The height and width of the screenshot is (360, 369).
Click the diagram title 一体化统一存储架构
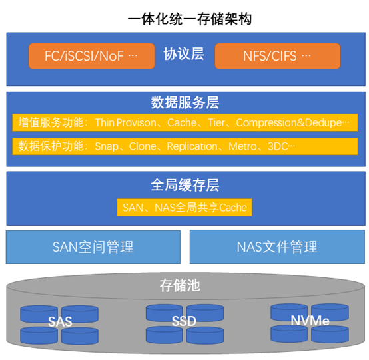point(190,19)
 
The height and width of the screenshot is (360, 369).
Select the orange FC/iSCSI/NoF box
point(91,56)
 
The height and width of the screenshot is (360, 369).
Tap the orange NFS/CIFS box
point(278,56)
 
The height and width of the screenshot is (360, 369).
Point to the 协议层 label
point(184,54)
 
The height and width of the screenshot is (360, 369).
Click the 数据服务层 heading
point(185,102)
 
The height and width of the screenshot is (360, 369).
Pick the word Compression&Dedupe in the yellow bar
point(289,122)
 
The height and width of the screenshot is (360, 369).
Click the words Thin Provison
point(125,122)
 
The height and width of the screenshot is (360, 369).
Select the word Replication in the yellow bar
point(192,146)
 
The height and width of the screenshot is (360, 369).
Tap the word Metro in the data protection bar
point(242,146)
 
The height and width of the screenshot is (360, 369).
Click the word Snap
point(107,146)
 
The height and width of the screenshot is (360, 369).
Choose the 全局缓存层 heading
point(185,185)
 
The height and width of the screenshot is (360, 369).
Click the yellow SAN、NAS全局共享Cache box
point(184,208)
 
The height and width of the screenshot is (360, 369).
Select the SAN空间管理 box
point(93,247)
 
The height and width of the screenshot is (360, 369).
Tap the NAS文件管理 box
point(278,247)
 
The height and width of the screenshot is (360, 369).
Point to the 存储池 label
point(180,286)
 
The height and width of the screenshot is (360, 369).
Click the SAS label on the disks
point(60,321)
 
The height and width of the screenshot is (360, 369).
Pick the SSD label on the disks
point(184,321)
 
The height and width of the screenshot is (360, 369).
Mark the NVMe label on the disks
point(310,321)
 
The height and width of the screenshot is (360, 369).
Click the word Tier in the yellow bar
point(216,122)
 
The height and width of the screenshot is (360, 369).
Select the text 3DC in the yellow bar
point(278,146)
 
